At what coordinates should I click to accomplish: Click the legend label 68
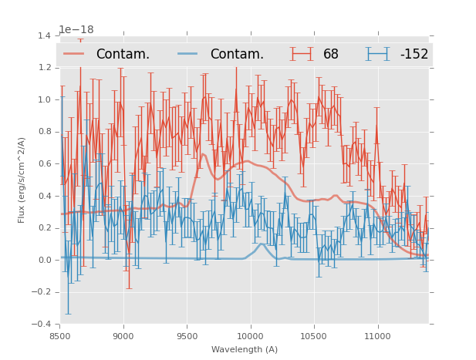[331, 54]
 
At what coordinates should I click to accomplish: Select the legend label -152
[414, 54]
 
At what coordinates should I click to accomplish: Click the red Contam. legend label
[123, 54]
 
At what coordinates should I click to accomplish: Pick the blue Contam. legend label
[237, 54]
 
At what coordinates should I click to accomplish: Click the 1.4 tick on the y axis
[44, 35]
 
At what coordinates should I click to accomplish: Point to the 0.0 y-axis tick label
[44, 260]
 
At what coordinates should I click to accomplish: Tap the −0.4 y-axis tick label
[42, 324]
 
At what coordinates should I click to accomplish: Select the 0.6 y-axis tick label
[44, 163]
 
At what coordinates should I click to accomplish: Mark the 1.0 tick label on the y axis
[44, 99]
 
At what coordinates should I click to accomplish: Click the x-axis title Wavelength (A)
[245, 349]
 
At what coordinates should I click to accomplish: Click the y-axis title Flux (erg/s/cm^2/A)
[22, 180]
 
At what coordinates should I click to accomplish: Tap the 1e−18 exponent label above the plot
[76, 30]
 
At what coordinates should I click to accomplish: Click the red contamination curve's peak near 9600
[203, 154]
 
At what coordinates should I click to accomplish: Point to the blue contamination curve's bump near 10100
[262, 244]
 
